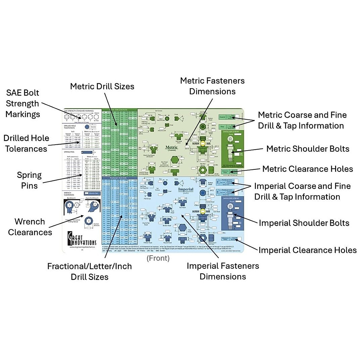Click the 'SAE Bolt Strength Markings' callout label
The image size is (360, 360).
(x=22, y=103)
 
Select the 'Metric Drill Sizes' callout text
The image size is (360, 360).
(x=102, y=86)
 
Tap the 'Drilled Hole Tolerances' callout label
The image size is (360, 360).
(x=26, y=143)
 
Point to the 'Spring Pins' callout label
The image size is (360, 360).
(x=29, y=180)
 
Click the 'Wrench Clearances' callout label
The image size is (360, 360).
(x=30, y=227)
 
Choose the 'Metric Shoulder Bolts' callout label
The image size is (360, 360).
(x=308, y=149)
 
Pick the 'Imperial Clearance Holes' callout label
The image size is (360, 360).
(x=307, y=250)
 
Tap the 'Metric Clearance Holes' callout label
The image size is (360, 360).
(x=307, y=169)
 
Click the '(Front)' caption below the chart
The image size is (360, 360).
(x=158, y=258)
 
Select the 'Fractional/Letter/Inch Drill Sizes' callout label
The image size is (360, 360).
(x=89, y=271)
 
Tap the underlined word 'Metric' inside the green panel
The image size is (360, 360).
(x=172, y=147)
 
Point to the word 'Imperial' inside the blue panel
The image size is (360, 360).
(x=186, y=189)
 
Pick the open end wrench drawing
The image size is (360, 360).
(x=92, y=206)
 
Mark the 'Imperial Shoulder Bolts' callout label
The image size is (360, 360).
(x=304, y=223)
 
